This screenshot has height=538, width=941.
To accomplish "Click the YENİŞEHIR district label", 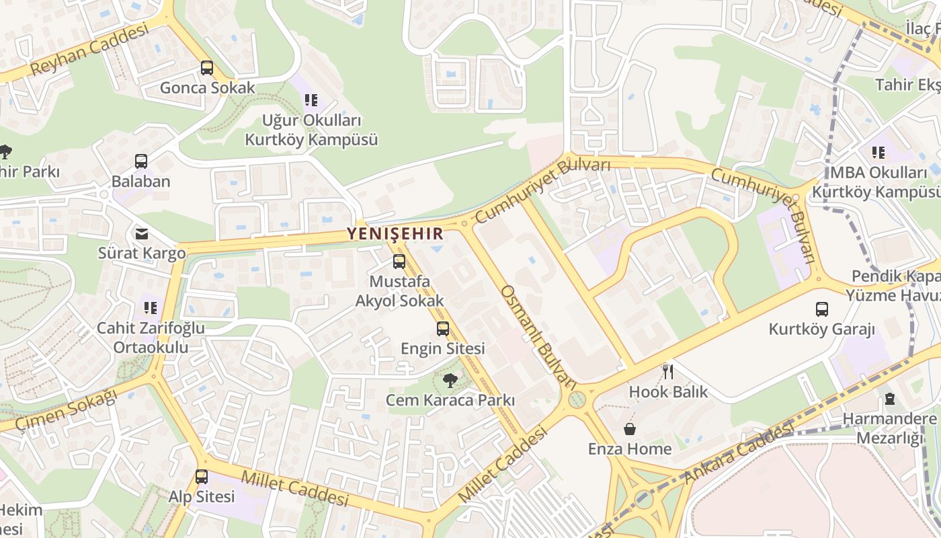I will pyautogui.click(x=395, y=233).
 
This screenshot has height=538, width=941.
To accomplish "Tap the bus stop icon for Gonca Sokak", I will pyautogui.click(x=207, y=68).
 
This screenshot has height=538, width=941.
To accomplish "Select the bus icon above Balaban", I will pyautogui.click(x=141, y=161).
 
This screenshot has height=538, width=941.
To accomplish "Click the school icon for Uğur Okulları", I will pyautogui.click(x=311, y=100).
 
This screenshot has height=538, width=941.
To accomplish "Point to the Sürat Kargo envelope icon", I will pyautogui.click(x=142, y=234).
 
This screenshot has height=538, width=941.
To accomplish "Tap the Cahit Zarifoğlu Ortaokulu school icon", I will pyautogui.click(x=151, y=308).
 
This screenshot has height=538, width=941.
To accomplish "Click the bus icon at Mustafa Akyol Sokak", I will pyautogui.click(x=399, y=262).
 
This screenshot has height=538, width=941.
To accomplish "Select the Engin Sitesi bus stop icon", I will pyautogui.click(x=442, y=329).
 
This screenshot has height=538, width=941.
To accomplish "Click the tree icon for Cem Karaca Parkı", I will pyautogui.click(x=450, y=381).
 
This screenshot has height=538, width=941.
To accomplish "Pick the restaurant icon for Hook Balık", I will pyautogui.click(x=668, y=371).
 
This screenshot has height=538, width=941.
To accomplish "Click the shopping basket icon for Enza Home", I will pyautogui.click(x=630, y=429).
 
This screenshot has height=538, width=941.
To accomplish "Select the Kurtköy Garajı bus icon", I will pyautogui.click(x=821, y=309).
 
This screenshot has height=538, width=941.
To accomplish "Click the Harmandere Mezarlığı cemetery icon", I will pyautogui.click(x=890, y=399).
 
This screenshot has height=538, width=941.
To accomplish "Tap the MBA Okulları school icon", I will pyautogui.click(x=878, y=153).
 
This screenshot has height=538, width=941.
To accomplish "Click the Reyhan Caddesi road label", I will pyautogui.click(x=89, y=50).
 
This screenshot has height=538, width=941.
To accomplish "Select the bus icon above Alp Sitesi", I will pyautogui.click(x=202, y=477).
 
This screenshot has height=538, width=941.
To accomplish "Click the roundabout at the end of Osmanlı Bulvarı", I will pyautogui.click(x=577, y=401).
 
